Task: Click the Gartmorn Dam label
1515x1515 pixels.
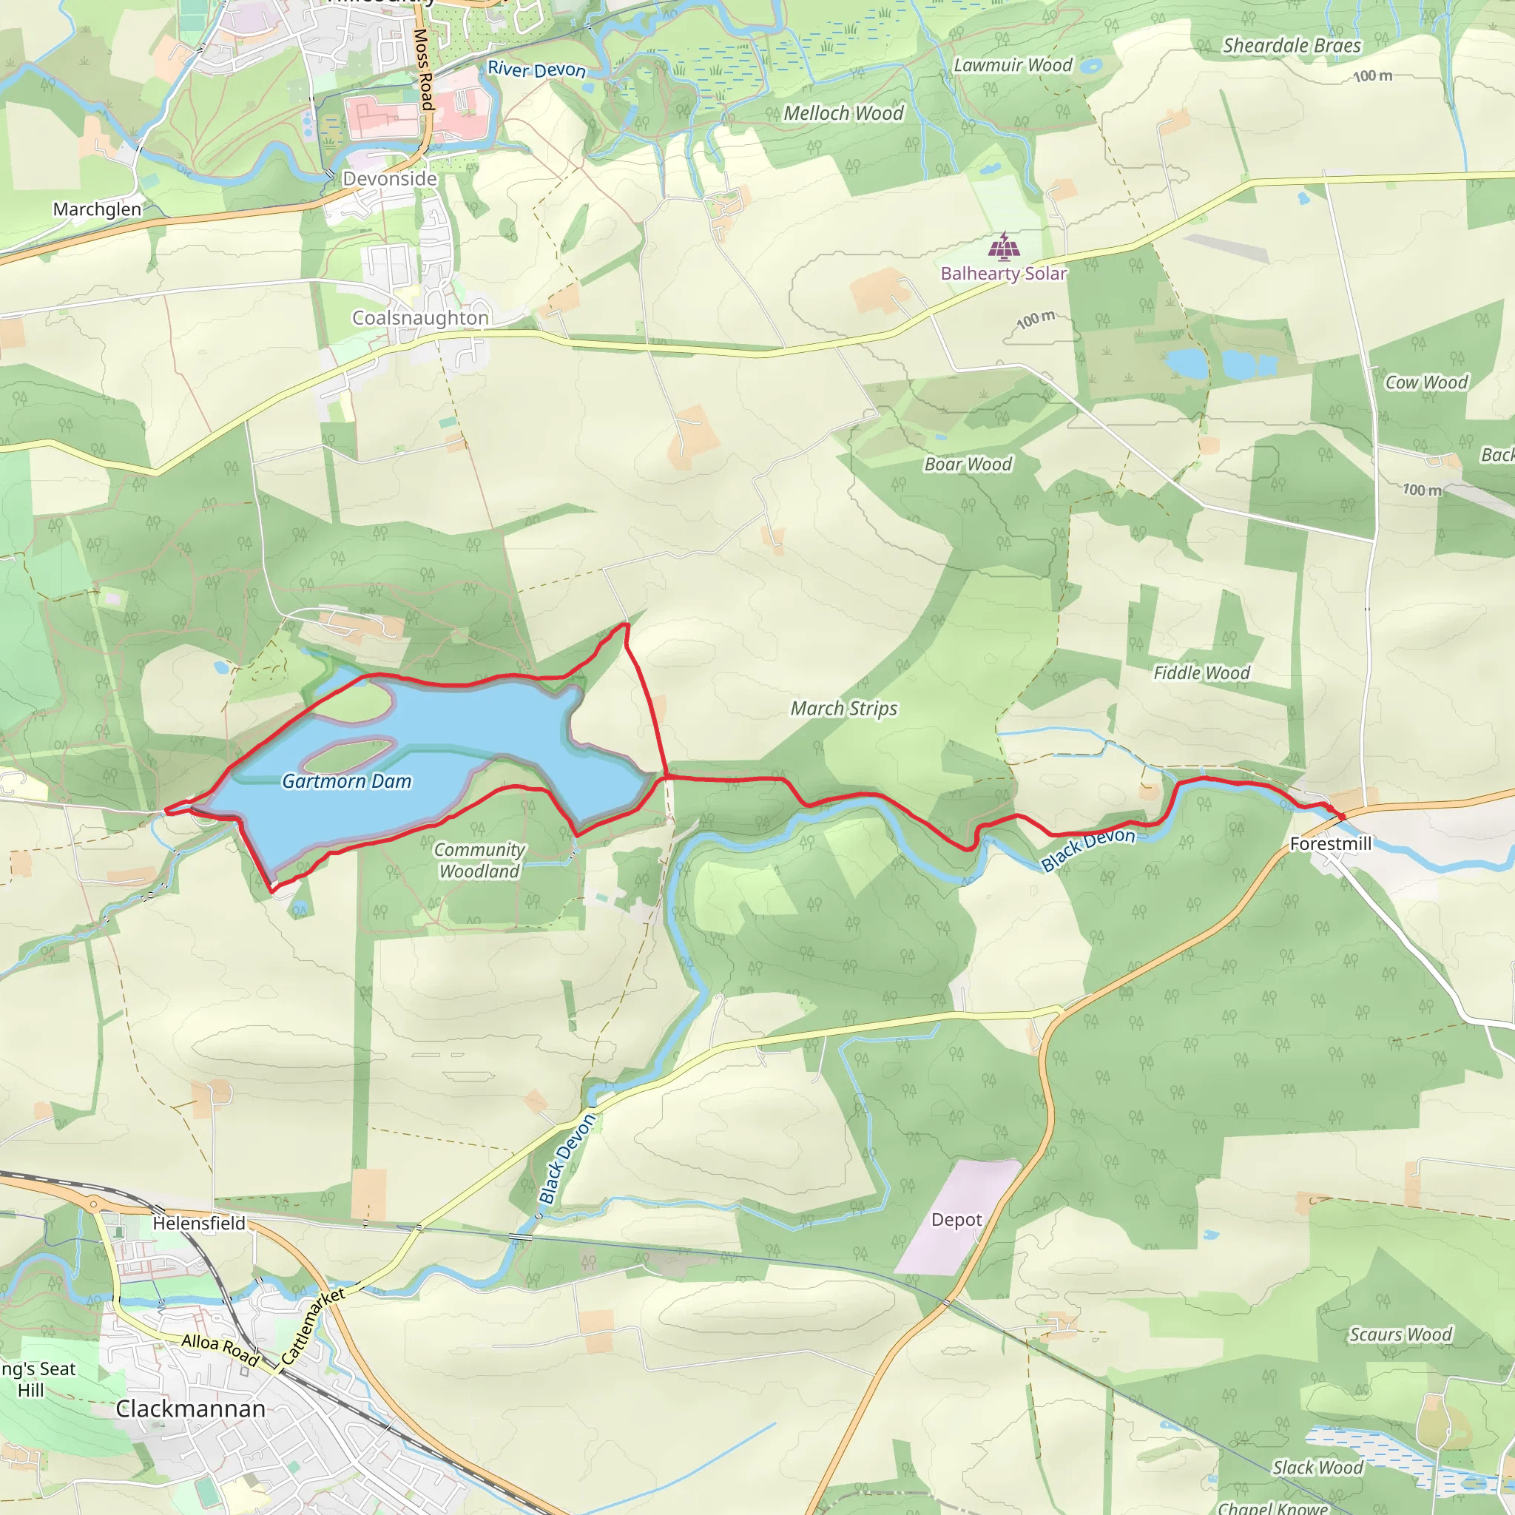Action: tap(347, 781)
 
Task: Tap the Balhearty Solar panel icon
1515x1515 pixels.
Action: tap(1004, 247)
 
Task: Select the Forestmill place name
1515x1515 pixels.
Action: tap(1331, 844)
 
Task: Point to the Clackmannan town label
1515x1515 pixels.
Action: tap(191, 1408)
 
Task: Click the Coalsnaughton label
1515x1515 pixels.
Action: tap(420, 317)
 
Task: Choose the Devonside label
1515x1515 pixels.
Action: tap(390, 179)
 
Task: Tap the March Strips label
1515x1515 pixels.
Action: tap(844, 708)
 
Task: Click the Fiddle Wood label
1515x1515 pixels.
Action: tap(1201, 673)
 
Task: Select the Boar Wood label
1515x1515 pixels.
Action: tap(968, 465)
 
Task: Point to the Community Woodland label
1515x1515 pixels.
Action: tap(479, 860)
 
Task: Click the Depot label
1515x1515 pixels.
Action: tap(956, 1219)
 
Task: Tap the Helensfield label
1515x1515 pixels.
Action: tap(198, 1224)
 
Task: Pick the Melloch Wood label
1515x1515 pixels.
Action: tap(844, 114)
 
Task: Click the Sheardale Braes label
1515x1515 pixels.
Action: tap(1292, 45)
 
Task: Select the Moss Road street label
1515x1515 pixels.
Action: tap(422, 69)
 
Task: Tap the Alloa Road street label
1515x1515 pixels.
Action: tap(220, 1349)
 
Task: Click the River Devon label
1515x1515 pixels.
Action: tap(536, 70)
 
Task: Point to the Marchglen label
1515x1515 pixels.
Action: tap(97, 209)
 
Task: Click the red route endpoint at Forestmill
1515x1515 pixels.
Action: tap(1342, 817)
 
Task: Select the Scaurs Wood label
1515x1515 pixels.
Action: tap(1400, 1334)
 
